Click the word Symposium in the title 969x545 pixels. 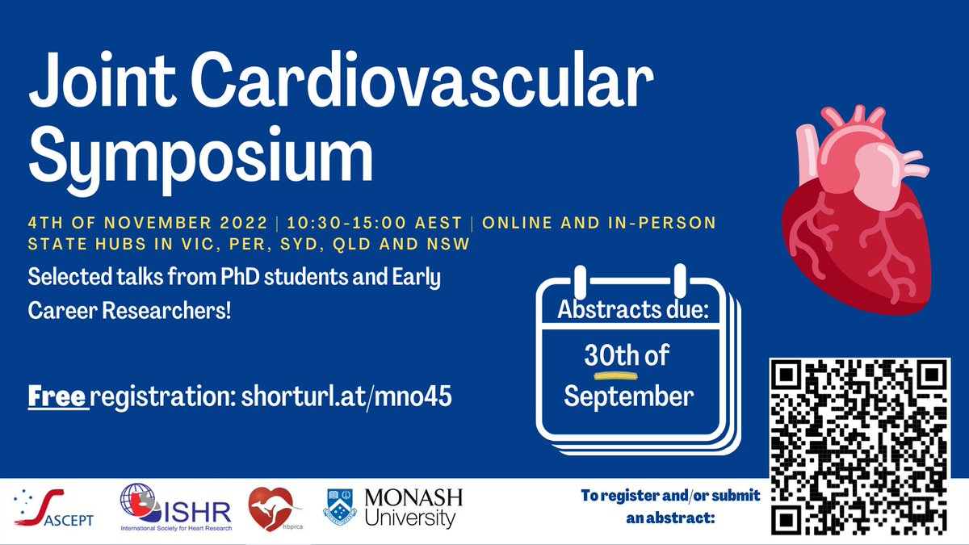click(x=202, y=157)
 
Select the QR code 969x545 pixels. click(x=859, y=445)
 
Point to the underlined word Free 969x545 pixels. click(x=57, y=397)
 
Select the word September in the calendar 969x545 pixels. click(x=628, y=396)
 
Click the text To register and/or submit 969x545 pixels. click(x=670, y=497)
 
